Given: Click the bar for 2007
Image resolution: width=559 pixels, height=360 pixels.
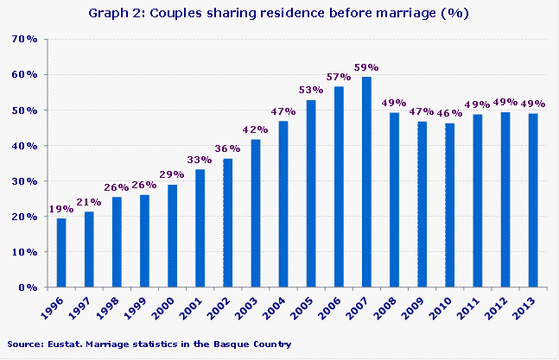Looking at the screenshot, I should pos(366,181).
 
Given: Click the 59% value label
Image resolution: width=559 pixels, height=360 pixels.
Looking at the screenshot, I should pos(367,67).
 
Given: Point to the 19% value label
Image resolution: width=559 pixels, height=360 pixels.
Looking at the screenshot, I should pos(61,209).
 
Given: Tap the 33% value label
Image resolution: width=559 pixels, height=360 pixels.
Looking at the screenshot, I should pos(200,160).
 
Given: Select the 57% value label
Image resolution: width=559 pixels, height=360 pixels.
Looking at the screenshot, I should pos(340,76).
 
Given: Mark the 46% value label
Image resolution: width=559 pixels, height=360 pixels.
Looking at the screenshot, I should pos(449,114).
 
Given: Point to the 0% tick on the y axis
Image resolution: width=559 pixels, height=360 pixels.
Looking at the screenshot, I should pos(28,287).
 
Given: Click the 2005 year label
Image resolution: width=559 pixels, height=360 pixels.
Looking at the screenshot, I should pos(307,308).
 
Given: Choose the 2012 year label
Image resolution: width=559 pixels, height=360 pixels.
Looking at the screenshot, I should pos(501,308).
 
